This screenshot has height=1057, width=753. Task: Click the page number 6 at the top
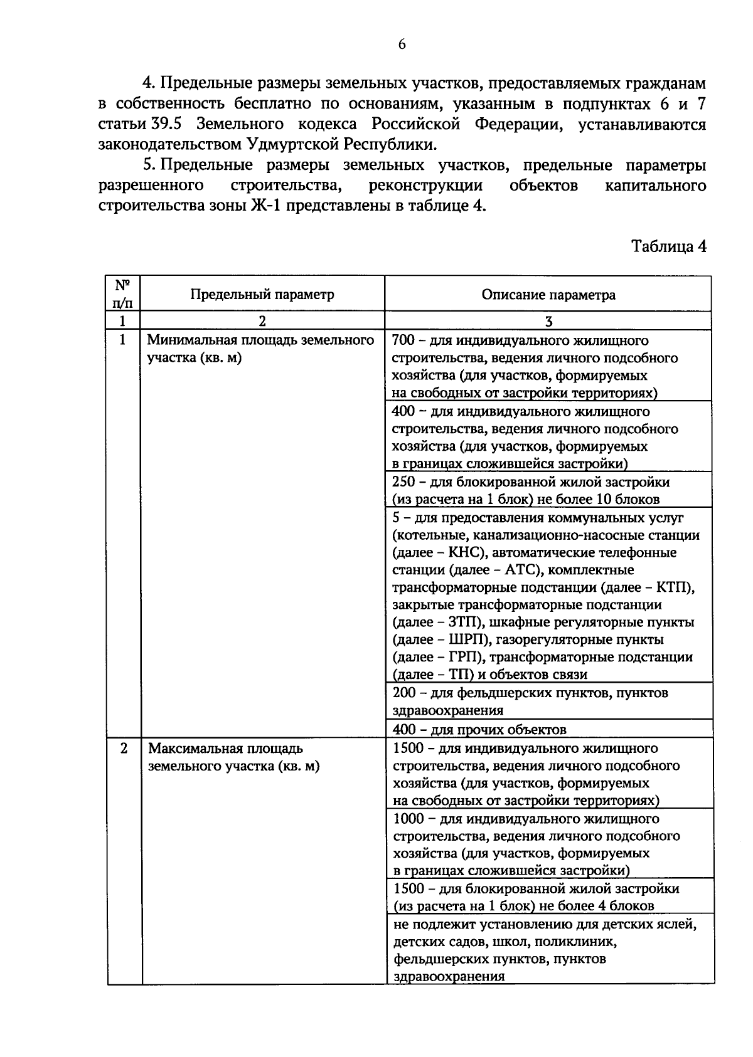(402, 44)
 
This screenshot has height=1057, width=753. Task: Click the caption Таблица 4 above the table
(668, 246)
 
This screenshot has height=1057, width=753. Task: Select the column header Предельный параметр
(262, 295)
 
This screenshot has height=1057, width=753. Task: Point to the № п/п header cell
(123, 294)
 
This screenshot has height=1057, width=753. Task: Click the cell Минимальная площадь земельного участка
(260, 349)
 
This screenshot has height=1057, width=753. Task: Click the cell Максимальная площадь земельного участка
(233, 757)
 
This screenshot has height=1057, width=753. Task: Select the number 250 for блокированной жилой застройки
(403, 482)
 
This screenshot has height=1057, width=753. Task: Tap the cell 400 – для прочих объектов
(479, 730)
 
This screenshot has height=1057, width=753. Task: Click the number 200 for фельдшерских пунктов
(404, 693)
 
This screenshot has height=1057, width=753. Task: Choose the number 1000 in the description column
(408, 819)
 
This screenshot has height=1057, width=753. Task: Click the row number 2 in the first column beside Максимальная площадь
(124, 749)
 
